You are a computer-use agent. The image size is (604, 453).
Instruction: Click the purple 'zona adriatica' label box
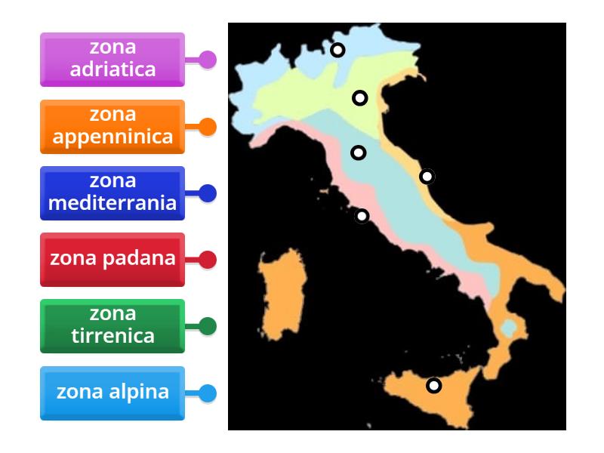112,59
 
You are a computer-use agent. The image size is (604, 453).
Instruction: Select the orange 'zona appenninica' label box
112,126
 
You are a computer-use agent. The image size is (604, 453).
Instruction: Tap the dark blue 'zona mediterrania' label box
112,193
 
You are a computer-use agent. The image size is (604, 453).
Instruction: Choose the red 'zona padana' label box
112,259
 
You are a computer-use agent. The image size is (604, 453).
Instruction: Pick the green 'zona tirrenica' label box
112,325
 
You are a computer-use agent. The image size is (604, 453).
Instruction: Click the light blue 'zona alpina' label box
112,393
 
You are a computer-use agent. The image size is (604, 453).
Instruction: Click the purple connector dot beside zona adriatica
207,60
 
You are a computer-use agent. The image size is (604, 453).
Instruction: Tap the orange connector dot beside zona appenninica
207,127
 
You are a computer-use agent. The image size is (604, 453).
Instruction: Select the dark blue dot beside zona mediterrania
207,193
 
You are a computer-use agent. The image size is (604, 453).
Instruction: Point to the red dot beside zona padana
207,260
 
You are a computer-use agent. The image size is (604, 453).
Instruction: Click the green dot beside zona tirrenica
207,326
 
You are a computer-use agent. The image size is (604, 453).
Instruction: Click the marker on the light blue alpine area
337,50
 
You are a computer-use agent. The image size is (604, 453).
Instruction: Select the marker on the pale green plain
360,97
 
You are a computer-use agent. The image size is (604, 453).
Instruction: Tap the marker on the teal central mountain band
359,153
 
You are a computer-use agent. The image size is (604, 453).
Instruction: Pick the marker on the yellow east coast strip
427,177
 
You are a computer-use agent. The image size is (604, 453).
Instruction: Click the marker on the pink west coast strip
362,216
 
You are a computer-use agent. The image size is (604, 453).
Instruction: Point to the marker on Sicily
433,385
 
